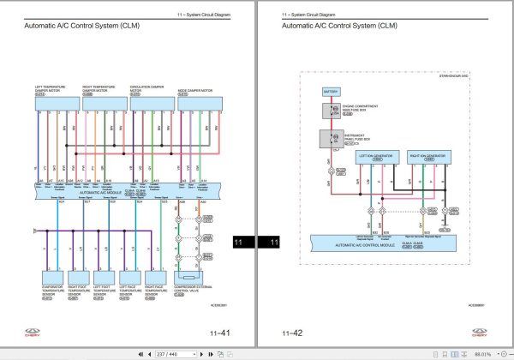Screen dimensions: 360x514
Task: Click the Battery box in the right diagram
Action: coord(331,90)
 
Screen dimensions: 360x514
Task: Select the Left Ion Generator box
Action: coord(376,157)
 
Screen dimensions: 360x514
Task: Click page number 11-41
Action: coord(219,333)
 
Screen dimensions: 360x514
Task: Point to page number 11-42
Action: coord(292,333)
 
